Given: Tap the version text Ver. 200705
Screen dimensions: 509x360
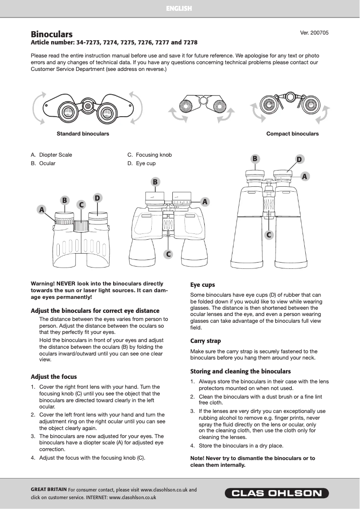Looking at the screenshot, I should point(314,33).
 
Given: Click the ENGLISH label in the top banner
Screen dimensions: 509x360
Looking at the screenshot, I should point(179,9).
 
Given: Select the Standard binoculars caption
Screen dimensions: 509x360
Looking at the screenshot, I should point(83,134).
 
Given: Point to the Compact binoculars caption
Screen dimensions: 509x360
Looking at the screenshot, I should point(292,134).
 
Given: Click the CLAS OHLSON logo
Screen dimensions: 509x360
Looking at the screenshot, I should point(277,494).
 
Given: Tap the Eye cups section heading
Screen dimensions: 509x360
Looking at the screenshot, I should point(202,285).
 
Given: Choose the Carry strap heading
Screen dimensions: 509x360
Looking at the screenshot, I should point(206,341).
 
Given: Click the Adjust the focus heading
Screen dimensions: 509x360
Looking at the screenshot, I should point(53,377).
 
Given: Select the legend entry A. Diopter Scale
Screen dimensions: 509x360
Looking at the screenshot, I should point(51,155).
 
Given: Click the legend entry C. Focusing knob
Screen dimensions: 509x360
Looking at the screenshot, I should point(149,155).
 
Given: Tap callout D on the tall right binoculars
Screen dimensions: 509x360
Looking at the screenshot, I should point(299,159).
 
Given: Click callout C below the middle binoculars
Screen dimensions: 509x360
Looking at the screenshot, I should point(168,254).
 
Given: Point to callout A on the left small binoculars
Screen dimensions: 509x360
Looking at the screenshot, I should point(42,210).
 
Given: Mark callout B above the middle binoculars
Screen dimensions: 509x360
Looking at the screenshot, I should point(155,182).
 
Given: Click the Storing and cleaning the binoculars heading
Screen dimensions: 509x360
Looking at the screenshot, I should point(241,371).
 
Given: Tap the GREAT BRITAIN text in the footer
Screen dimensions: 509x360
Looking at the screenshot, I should point(48,490).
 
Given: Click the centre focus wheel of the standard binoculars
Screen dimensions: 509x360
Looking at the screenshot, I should point(88,106).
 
